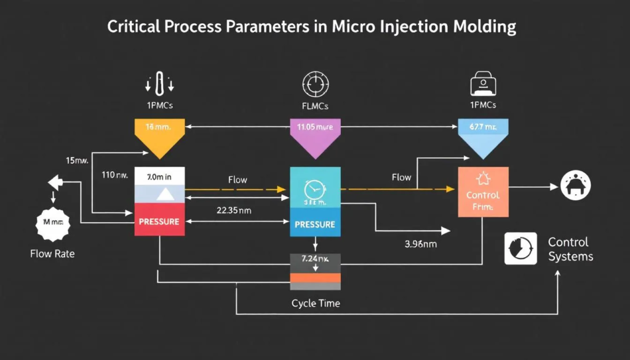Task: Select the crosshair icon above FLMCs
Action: [315, 84]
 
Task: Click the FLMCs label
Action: [315, 106]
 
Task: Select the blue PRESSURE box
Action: [314, 225]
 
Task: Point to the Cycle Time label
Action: [315, 303]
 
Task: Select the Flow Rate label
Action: [53, 253]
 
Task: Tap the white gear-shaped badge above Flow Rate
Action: [53, 221]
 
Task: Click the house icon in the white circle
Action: [576, 184]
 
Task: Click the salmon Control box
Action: [483, 191]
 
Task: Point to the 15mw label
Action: [78, 161]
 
